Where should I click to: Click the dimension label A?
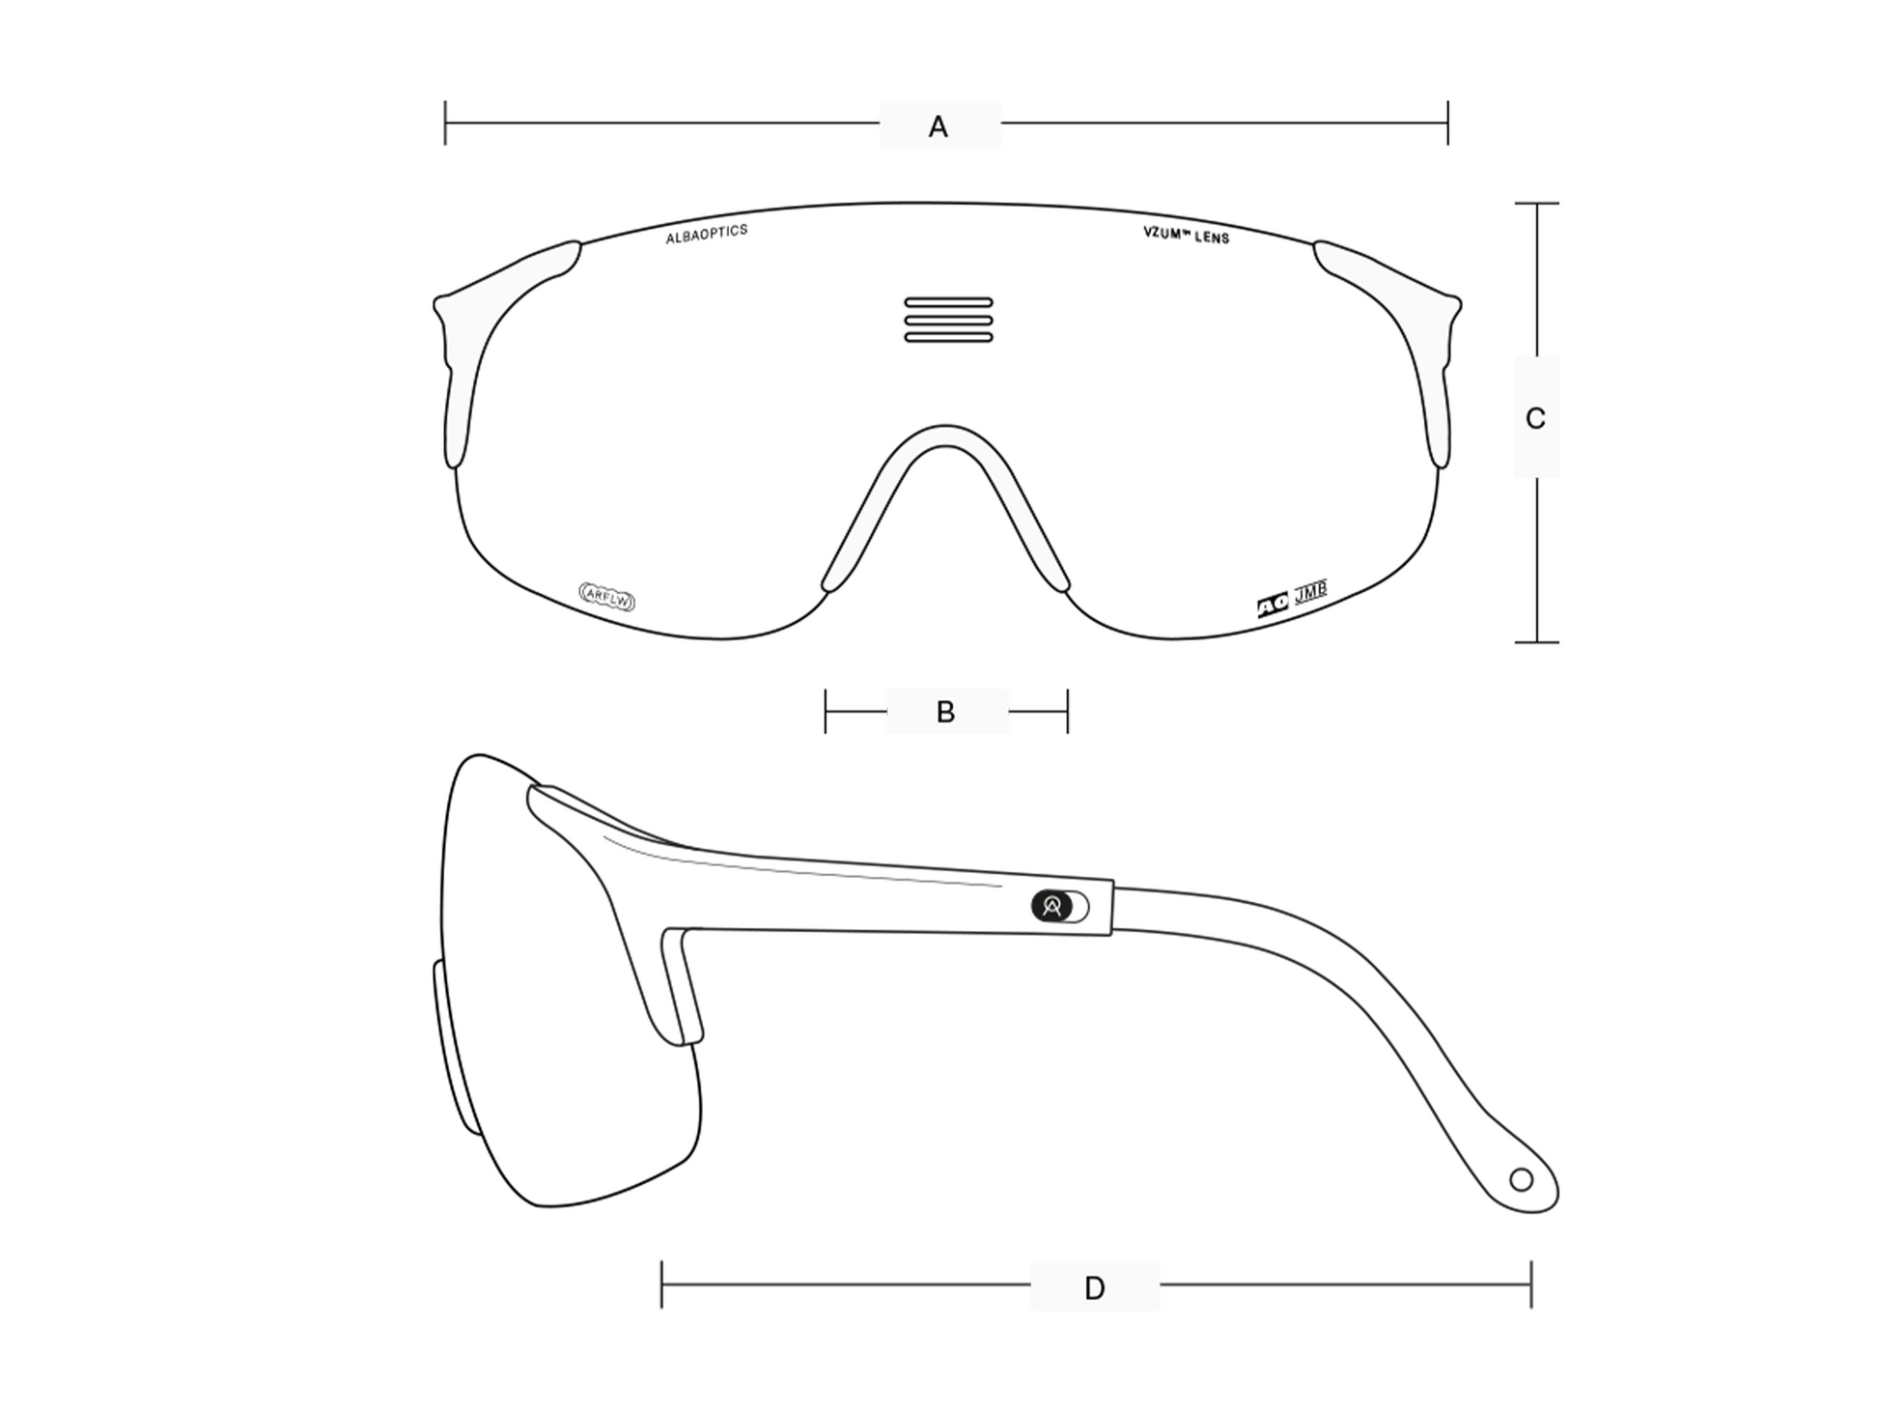pos(938,127)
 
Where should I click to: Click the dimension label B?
pos(945,712)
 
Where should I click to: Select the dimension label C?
pos(1535,418)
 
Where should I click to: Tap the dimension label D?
pos(1094,1287)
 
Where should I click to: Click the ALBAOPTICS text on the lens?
pos(707,234)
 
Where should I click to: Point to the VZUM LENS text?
pos(1186,235)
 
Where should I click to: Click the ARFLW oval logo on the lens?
pos(607,597)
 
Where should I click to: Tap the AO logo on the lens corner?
pos(1273,606)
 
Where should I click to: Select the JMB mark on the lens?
pos(1310,591)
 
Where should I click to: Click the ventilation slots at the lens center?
pos(948,320)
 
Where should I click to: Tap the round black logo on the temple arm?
pos(1052,906)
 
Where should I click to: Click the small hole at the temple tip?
pos(1521,1179)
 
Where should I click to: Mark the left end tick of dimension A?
pos(445,123)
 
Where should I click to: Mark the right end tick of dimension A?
pos(1447,123)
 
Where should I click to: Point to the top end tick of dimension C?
pos(1536,204)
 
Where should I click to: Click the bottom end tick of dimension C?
pos(1536,642)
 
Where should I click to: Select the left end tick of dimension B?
pos(826,712)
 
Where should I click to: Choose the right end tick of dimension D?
pos(1531,1284)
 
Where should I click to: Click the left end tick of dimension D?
pos(661,1284)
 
